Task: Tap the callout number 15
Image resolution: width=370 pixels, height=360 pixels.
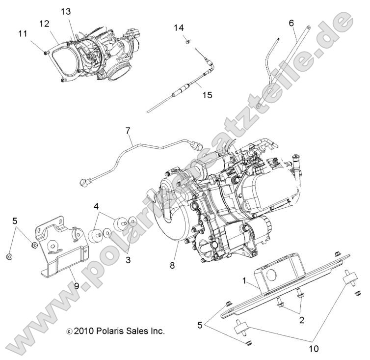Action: point(207,95)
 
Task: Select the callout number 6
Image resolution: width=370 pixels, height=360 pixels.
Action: point(291,23)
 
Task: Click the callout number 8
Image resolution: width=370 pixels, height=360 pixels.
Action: point(172,266)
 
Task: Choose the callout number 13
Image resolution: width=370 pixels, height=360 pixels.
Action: point(66,11)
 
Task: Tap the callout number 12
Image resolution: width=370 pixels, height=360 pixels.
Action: point(45,23)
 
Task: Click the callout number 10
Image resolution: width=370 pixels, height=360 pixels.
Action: point(314,349)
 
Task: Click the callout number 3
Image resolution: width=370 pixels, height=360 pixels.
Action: point(128,260)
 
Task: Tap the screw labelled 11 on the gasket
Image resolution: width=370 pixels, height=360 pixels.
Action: point(45,51)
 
